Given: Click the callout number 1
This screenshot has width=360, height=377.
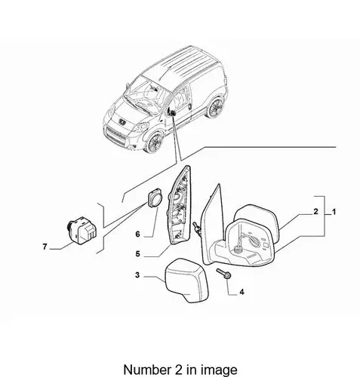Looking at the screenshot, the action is pos(334,213).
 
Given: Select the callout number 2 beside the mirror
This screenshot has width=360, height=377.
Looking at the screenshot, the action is pos(316,212).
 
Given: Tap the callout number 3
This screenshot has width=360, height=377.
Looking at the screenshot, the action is pos(137,275).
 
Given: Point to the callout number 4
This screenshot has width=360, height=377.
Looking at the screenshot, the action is pos(242,292).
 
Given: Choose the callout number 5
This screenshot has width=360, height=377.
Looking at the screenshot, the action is pos(137,254).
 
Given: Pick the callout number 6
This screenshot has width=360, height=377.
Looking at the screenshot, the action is pos(137,234).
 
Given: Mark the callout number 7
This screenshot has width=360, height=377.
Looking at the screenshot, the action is pos(45,247).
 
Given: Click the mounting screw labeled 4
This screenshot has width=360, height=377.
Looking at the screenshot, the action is pos(223,274).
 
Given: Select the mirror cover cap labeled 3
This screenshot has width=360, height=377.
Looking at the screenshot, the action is pos(186,280).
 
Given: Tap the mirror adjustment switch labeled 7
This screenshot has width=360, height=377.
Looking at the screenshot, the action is pos(82,230).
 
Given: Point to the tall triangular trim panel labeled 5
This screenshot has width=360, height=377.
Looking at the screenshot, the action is pos(180,205).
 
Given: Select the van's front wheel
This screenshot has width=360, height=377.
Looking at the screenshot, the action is pos(153,143).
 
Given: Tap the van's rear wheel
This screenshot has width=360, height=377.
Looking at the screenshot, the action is pos(216,108).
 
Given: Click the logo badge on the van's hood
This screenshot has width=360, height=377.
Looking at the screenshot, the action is pos(122,121).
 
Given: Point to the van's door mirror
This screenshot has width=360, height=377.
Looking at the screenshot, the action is pos(172,112).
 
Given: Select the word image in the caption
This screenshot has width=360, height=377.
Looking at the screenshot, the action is pos(217,370).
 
